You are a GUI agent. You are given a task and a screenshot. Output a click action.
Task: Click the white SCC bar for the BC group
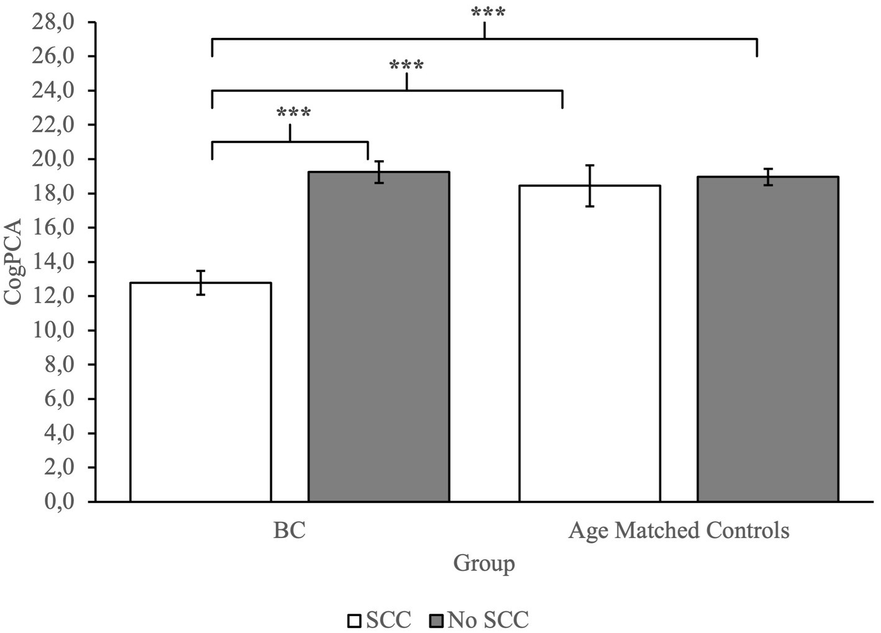[x=200, y=391]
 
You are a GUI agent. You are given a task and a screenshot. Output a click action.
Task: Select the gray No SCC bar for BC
[x=378, y=336]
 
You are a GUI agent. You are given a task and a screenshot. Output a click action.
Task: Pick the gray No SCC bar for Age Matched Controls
[x=767, y=339]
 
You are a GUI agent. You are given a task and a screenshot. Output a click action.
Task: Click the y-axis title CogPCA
[x=13, y=262]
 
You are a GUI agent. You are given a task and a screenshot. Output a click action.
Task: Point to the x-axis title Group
[x=483, y=563]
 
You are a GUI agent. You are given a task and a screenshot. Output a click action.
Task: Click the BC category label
[x=290, y=531]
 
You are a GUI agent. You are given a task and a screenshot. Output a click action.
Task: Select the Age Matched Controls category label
[x=678, y=531]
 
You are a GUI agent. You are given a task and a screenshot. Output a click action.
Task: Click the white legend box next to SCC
[x=354, y=621]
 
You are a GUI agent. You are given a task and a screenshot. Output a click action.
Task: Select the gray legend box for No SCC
[x=437, y=621]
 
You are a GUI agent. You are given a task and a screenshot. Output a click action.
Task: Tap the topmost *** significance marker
[x=488, y=13]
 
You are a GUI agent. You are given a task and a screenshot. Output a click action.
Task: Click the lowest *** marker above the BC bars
[x=293, y=114]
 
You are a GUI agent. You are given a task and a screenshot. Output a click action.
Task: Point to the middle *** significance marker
[x=406, y=66]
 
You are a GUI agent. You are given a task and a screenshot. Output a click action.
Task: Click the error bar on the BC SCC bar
[x=201, y=283]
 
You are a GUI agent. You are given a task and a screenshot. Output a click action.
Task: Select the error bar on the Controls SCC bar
[x=590, y=185]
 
